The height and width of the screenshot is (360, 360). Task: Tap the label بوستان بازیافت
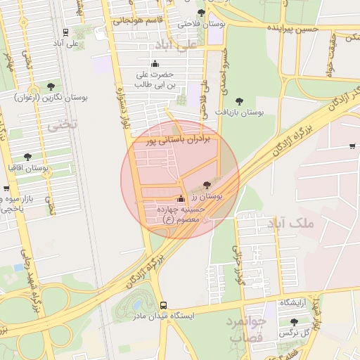tap(239, 112)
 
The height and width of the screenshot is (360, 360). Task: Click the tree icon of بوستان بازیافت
tap(239, 101)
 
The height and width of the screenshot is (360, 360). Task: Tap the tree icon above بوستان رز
tap(206, 185)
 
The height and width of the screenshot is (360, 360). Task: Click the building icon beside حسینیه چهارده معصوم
tap(181, 198)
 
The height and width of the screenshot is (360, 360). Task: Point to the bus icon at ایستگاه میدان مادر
tap(164, 306)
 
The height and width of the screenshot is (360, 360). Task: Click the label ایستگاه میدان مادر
tap(163, 316)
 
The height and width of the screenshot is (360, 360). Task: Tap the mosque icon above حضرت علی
tap(155, 64)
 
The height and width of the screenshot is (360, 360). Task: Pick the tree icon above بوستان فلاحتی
tap(202, 13)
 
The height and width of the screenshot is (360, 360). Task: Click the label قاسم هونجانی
tap(138, 20)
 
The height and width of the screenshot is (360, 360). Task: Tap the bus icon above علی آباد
tap(65, 32)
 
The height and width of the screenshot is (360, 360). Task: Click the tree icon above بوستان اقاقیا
tap(28, 157)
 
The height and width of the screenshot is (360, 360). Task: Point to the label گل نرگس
tap(293, 332)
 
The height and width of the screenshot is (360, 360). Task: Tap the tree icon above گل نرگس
tap(294, 321)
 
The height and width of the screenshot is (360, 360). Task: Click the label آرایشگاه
tap(295, 302)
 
